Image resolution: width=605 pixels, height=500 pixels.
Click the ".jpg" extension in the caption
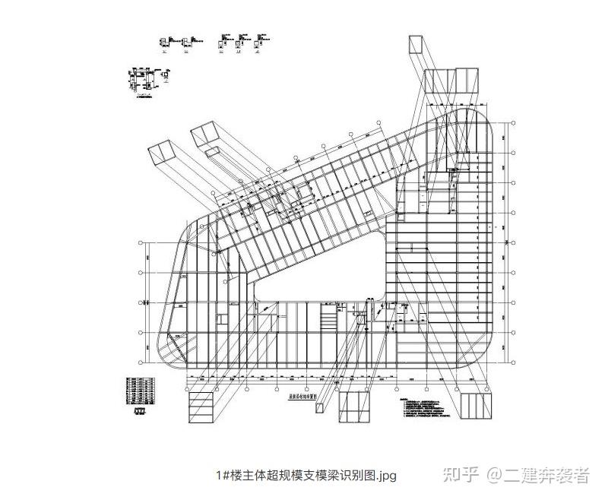[385, 476]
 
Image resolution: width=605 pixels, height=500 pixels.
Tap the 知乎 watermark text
[461, 476]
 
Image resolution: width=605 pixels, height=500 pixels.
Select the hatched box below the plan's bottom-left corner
[202, 403]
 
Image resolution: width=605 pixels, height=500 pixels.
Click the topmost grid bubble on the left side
[142, 242]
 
